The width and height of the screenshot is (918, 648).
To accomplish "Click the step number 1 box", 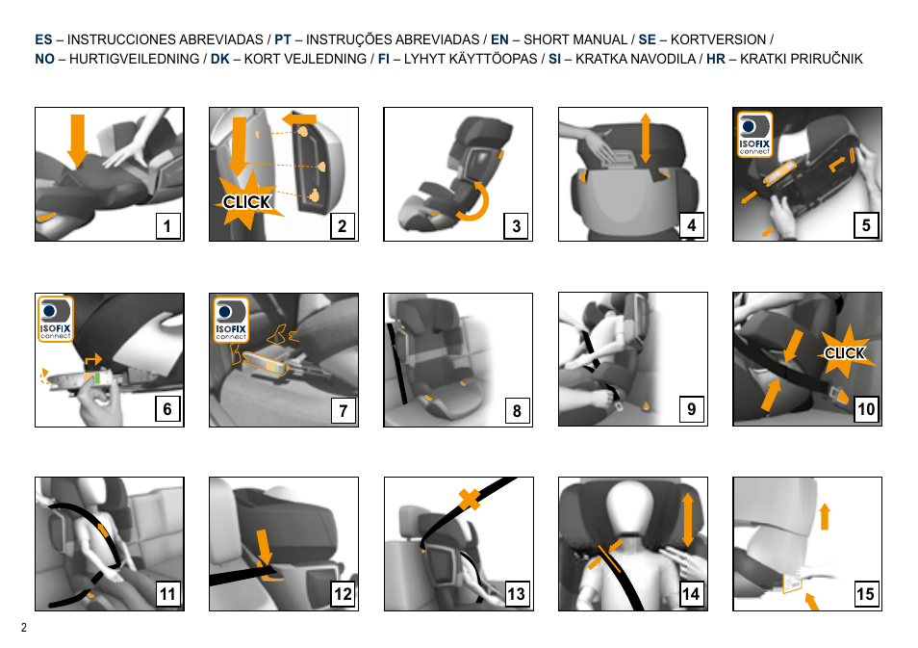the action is pyautogui.click(x=166, y=225).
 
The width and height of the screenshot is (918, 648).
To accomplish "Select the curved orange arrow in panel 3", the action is pyautogui.click(x=474, y=202).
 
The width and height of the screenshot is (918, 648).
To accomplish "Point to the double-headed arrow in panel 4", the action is pyautogui.click(x=645, y=138).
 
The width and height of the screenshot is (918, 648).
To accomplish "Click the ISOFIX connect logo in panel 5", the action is pyautogui.click(x=754, y=134).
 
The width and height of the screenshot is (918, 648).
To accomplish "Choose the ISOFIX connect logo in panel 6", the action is pyautogui.click(x=56, y=319).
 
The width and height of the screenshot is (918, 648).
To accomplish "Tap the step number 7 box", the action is pyautogui.click(x=343, y=410).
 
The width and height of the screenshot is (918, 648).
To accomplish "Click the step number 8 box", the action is pyautogui.click(x=517, y=410).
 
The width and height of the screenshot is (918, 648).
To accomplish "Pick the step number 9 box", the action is pyautogui.click(x=692, y=409).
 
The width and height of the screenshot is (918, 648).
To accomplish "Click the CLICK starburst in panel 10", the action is pyautogui.click(x=845, y=352).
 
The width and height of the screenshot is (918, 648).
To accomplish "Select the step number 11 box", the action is pyautogui.click(x=167, y=594).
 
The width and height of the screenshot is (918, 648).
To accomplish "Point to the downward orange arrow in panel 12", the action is pyautogui.click(x=265, y=548).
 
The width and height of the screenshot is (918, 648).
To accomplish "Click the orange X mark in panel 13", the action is pyautogui.click(x=469, y=499).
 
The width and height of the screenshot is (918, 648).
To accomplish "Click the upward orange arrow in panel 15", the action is pyautogui.click(x=825, y=516).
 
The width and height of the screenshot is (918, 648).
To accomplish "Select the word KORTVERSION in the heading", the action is pyautogui.click(x=719, y=39).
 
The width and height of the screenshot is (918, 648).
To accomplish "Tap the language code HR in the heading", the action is pyautogui.click(x=715, y=59).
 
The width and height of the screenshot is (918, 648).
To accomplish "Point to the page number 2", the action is pyautogui.click(x=24, y=628).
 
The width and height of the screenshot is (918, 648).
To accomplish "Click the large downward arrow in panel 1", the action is pyautogui.click(x=77, y=141).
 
